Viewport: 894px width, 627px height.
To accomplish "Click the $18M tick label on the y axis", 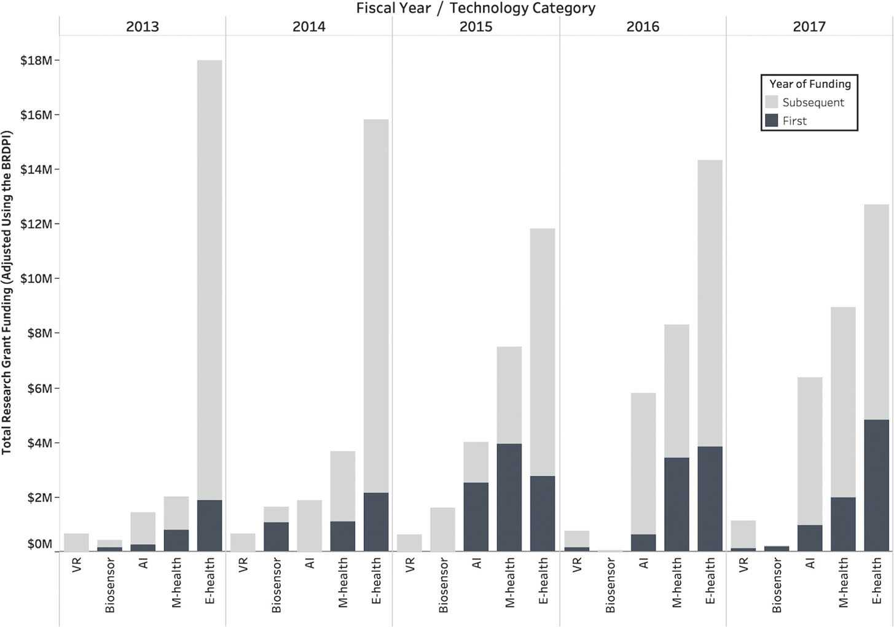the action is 36,60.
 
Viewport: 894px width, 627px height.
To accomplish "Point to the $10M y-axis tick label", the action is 36,278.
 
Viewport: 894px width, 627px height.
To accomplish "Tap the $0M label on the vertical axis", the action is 39,543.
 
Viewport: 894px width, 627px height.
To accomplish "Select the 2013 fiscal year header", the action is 143,27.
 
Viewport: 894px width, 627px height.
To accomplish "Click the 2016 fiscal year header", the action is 643,27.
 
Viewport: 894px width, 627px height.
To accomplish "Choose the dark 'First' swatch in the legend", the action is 772,120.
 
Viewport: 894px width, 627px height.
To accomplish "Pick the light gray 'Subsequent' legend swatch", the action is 772,102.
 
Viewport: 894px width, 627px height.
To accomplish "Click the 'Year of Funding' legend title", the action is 810,84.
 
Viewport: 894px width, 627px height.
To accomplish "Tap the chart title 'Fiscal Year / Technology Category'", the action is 476,8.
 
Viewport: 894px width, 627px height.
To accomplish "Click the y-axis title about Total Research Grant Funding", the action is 7,292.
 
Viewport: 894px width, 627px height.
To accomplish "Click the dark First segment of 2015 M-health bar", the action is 509,497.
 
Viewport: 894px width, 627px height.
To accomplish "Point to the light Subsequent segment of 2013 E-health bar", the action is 210,280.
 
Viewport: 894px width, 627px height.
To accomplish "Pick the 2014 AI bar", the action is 309,526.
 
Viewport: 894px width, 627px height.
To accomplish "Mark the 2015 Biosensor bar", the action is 442,529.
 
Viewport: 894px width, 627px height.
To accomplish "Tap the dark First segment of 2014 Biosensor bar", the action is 276,537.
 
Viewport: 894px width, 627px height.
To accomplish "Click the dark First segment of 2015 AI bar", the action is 476,517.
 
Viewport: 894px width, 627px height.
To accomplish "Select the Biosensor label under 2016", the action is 610,585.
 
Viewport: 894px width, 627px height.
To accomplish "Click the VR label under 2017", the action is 743,565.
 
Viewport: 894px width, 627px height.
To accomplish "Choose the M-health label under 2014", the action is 343,583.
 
